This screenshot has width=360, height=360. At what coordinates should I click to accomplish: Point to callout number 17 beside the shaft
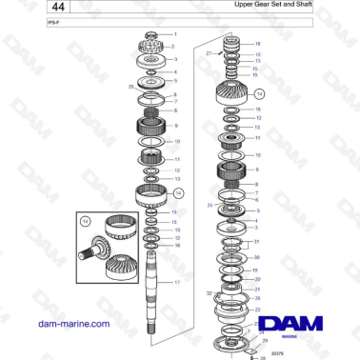[176, 283]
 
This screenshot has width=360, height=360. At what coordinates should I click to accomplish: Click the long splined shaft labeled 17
[150, 286]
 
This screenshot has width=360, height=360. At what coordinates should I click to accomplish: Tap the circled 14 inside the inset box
[85, 221]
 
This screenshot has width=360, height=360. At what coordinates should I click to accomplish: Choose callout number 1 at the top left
[174, 34]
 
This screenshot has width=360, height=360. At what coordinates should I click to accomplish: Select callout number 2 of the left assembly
[174, 46]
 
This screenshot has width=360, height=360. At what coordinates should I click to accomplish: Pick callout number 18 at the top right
[257, 44]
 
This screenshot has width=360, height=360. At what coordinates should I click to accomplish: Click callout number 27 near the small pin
[209, 55]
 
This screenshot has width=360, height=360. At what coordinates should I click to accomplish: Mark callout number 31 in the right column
[256, 242]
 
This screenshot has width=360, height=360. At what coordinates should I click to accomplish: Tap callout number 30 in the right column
[256, 257]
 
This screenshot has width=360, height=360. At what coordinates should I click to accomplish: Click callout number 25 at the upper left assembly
[130, 87]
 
